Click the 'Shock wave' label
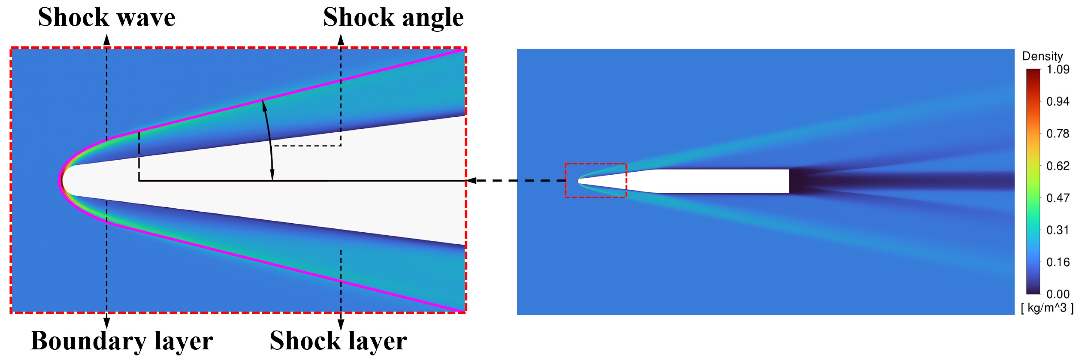point(106,18)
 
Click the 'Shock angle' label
point(393,18)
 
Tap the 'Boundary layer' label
point(122,341)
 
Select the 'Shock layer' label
point(338,341)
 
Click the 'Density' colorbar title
point(1042,56)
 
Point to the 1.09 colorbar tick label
point(1057,69)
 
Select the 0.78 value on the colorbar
point(1057,134)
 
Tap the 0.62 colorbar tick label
point(1057,166)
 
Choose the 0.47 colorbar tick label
point(1057,198)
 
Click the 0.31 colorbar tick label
point(1057,230)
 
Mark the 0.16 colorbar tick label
point(1057,262)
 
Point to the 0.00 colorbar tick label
point(1057,294)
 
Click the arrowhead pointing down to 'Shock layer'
point(341,324)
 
